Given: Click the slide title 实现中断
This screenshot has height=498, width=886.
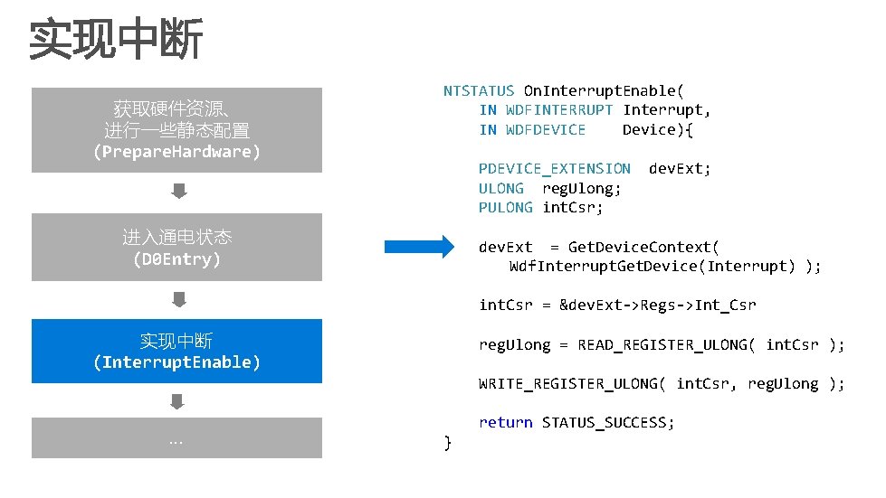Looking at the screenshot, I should (116, 41).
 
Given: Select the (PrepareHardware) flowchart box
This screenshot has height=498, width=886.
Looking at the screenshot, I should (176, 130).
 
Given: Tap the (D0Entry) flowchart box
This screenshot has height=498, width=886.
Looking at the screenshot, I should (176, 248).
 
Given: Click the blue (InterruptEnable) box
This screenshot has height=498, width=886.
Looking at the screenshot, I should (176, 352).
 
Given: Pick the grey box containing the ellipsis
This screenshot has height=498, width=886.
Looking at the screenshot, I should (176, 438).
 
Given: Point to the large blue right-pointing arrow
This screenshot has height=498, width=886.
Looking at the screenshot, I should (423, 247).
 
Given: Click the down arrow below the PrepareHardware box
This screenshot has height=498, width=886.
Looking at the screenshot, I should (179, 192).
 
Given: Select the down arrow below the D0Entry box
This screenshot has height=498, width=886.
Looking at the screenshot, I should (179, 298).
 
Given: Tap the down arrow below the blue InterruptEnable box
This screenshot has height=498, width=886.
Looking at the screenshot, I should (177, 401).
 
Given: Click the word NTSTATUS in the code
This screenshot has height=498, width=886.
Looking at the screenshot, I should (479, 90).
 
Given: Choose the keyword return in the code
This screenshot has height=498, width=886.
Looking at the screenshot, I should (505, 422).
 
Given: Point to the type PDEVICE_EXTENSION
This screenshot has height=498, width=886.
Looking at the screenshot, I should (554, 168).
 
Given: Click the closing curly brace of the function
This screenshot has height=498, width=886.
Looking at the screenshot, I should (447, 442).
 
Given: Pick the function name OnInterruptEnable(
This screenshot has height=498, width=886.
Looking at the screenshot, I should (604, 90).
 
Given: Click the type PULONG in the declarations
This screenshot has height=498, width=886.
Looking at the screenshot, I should (505, 208).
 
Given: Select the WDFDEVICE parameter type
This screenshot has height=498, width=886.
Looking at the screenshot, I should (545, 129).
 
